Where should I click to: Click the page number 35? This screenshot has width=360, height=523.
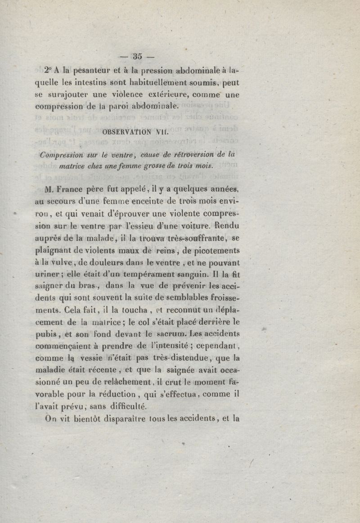coord(137,56)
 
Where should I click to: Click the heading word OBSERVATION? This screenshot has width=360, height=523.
coord(127,133)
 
